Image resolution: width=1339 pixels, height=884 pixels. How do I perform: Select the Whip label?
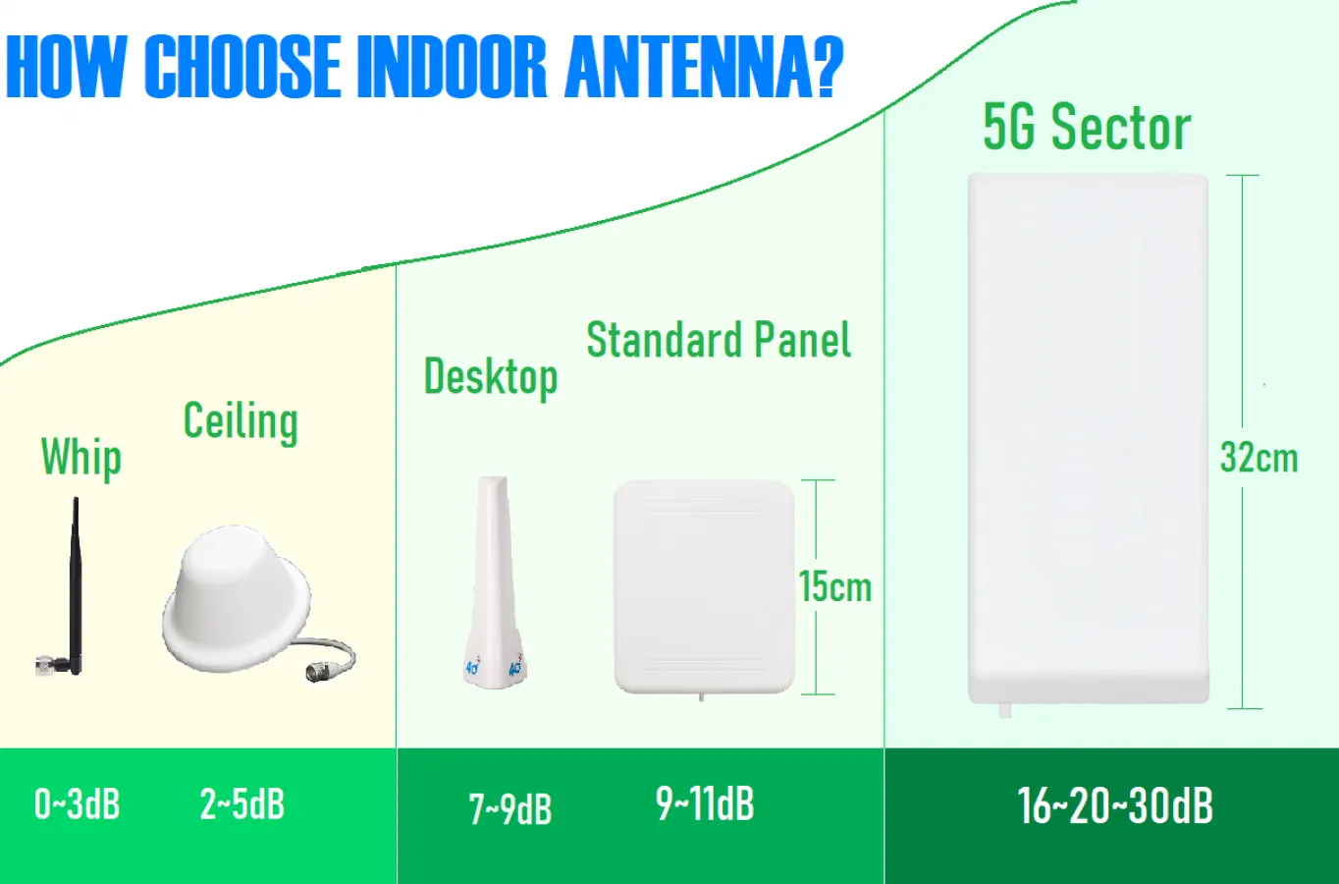coord(81,458)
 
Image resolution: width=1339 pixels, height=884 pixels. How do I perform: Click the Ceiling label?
coord(241,422)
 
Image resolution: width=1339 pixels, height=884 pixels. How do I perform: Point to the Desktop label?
coord(491,378)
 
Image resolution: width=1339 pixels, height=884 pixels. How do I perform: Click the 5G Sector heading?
coord(1088,128)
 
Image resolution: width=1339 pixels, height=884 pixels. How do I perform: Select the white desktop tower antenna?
coord(494,582)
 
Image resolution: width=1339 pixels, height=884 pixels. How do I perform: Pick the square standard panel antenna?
coord(704,587)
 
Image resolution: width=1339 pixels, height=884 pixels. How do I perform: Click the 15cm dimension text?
coord(835,586)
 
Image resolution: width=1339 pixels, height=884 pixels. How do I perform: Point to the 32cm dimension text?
coord(1259,458)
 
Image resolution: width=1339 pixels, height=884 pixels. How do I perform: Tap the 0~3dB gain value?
coord(78,803)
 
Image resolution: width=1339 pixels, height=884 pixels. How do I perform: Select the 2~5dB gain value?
coord(242,803)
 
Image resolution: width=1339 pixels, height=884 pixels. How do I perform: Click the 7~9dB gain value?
coord(509,809)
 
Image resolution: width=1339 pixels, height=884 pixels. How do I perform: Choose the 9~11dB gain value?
coord(706,803)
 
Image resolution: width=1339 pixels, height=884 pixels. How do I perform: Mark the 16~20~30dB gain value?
coord(1115,805)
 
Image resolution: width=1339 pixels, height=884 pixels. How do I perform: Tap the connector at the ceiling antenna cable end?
coord(317,672)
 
